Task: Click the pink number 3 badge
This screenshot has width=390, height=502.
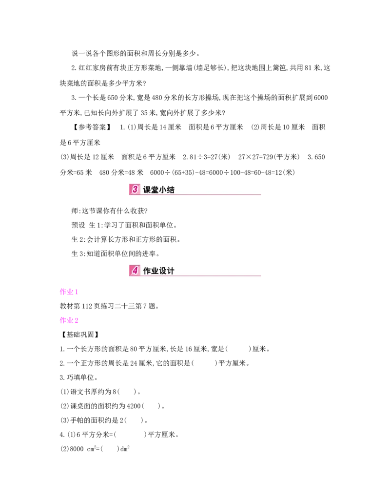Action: click(135, 189)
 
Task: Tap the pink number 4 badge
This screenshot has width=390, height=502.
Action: click(135, 270)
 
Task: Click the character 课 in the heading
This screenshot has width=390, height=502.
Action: click(147, 190)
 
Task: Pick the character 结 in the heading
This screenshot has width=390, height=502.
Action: click(171, 190)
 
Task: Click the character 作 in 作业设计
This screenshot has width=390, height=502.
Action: click(147, 271)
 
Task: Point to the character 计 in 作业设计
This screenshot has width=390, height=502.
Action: click(171, 271)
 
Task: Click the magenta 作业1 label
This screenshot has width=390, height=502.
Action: click(68, 292)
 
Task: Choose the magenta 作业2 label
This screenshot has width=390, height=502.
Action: click(70, 320)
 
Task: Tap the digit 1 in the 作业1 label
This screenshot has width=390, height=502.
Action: click(76, 293)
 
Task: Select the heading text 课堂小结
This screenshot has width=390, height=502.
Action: click(159, 190)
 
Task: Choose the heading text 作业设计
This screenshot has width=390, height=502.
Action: click(159, 271)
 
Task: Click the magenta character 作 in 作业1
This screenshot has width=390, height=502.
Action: click(62, 292)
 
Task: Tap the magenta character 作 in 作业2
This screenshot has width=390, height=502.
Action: click(62, 320)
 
